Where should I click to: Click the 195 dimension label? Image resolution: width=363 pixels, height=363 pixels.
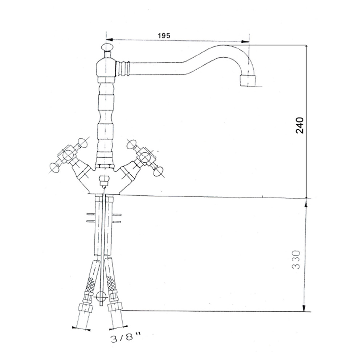164,36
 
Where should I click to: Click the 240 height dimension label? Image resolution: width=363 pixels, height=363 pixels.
299,125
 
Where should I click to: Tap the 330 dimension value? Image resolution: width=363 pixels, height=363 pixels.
296,259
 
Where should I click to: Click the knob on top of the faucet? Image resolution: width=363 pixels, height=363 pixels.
106,47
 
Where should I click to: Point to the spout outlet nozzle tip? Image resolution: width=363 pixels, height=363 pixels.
248,81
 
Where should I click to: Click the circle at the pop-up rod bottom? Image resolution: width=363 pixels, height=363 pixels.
101,296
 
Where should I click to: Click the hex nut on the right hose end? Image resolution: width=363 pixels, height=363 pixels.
115,307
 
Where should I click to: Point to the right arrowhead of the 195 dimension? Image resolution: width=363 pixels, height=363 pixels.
245,42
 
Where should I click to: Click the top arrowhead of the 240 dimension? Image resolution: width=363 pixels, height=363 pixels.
306,48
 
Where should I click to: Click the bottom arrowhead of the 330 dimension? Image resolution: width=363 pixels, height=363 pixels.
304,308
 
